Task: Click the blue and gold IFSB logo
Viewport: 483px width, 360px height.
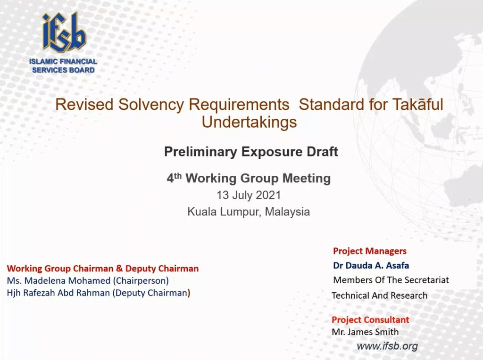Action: point(64,32)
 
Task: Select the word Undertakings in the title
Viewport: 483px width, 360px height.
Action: point(249,122)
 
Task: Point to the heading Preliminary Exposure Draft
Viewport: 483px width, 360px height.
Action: point(251,151)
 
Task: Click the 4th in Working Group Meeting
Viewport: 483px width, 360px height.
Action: point(174,178)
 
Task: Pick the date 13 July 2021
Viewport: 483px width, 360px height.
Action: point(249,195)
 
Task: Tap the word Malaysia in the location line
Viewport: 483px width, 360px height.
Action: point(287,212)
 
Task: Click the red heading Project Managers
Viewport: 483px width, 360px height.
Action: point(370,251)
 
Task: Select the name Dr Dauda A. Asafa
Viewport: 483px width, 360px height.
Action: point(371,265)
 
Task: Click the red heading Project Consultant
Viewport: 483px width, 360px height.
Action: point(370,319)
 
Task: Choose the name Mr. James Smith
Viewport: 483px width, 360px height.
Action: point(365,332)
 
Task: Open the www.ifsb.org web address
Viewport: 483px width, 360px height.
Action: point(387,346)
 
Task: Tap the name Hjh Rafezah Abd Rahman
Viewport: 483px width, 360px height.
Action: point(58,293)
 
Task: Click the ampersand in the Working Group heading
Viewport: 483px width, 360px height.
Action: point(119,269)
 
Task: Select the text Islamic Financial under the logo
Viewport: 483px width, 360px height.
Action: point(63,62)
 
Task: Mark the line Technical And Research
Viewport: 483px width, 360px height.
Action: point(380,295)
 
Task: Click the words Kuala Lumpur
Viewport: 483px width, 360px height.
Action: point(225,212)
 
